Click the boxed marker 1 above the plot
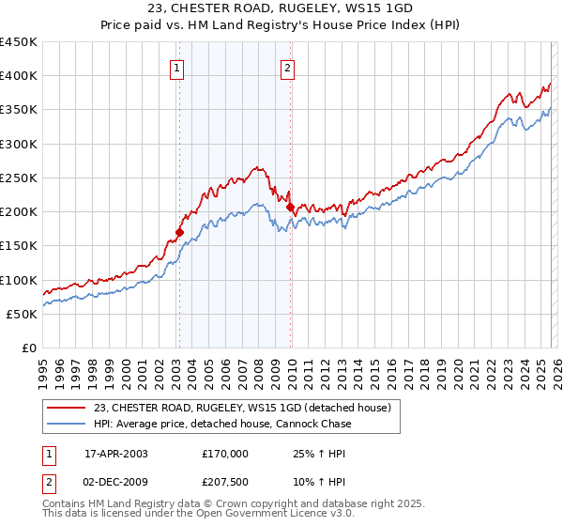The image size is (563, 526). point(177,67)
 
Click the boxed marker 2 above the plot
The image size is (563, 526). point(287,67)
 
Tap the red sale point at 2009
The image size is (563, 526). point(290,207)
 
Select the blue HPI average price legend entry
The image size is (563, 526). point(222,424)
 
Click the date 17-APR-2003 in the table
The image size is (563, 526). point(116,453)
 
